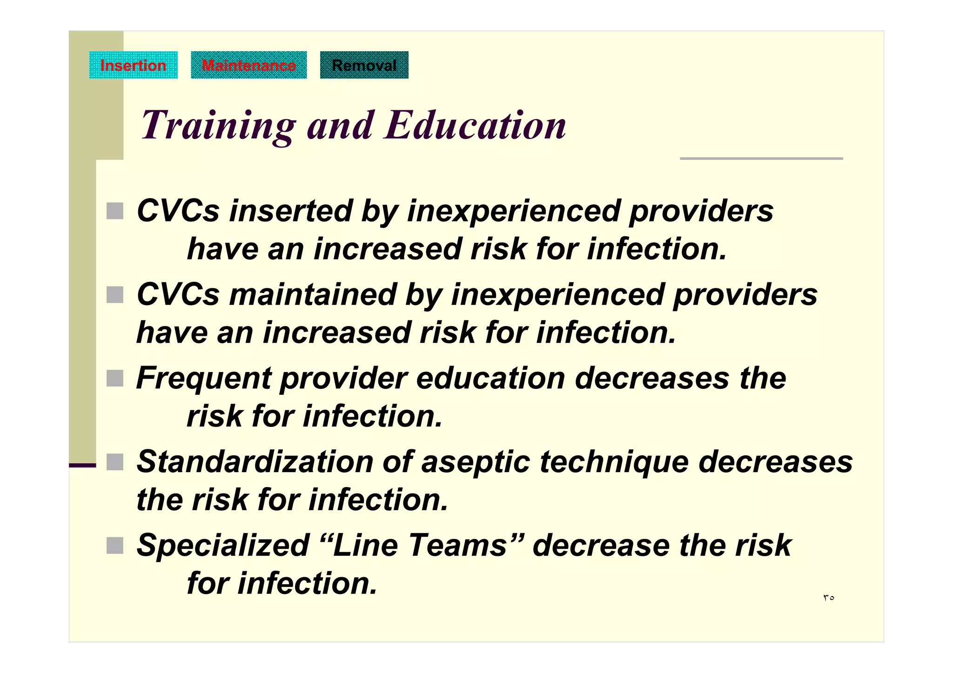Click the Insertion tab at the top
tap(133, 65)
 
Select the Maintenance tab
tap(248, 65)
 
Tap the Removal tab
tap(364, 65)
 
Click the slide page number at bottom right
tap(828, 598)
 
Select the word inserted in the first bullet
tap(290, 211)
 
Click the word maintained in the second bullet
tap(312, 295)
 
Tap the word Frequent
tap(203, 379)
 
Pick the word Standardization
tap(255, 462)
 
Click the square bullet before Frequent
tap(115, 378)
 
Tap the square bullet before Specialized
tap(115, 546)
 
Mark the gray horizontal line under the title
tap(761, 159)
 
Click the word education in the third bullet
tap(490, 379)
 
